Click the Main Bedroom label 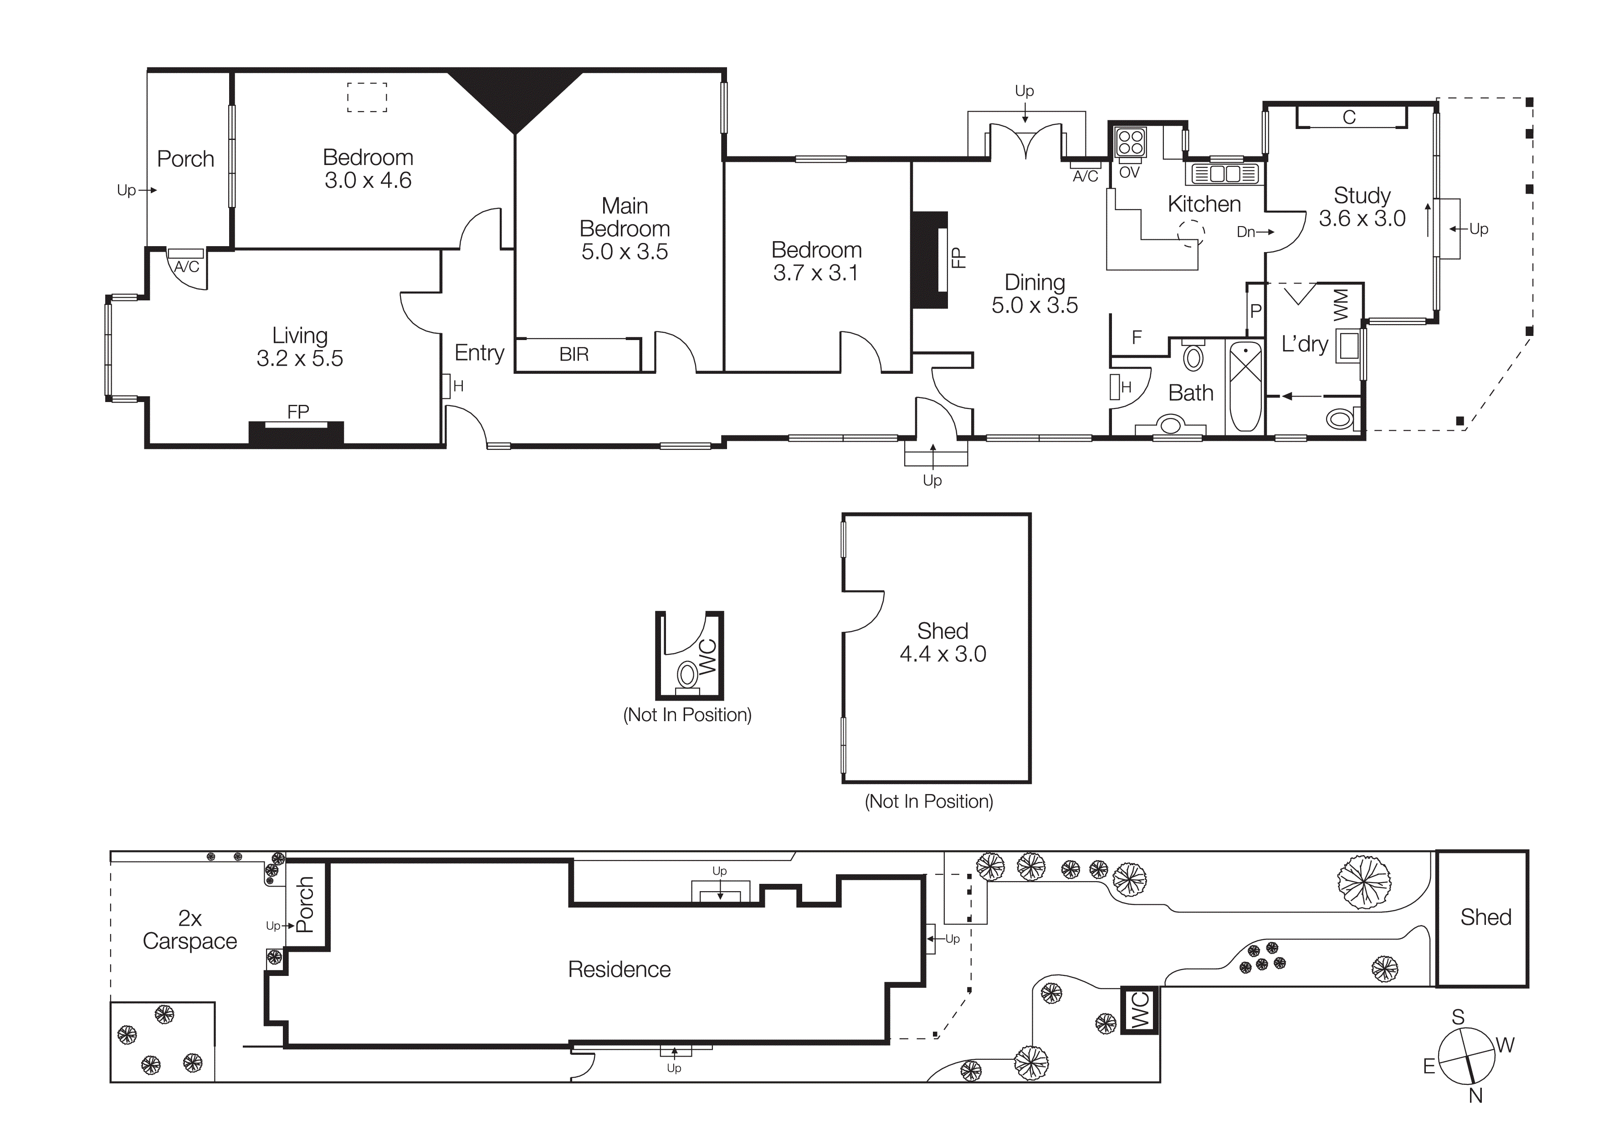(625, 228)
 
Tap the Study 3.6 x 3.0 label (1362, 207)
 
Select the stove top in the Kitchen (1130, 143)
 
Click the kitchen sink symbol (1225, 173)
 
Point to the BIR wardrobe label (574, 354)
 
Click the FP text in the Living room (298, 412)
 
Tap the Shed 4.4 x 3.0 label (942, 642)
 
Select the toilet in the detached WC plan (688, 675)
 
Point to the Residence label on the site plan (619, 969)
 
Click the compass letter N (1475, 1096)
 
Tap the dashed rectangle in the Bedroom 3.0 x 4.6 (367, 98)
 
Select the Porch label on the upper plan (185, 159)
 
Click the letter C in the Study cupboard (1349, 117)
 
